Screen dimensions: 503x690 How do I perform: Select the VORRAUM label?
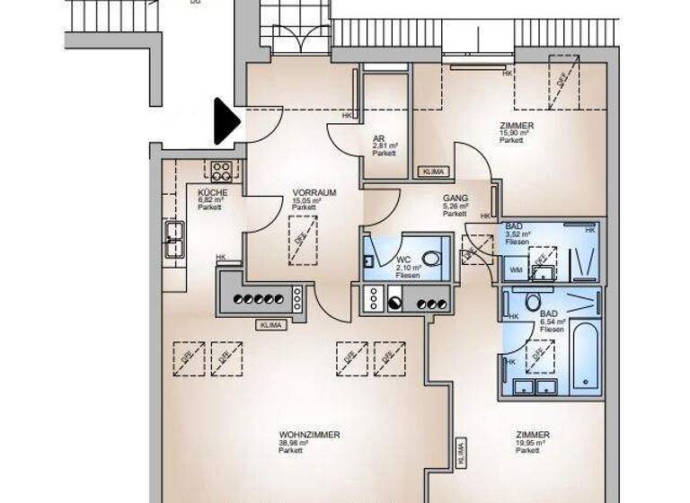[314, 192]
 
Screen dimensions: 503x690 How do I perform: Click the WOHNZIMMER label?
[309, 435]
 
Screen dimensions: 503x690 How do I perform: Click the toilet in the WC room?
[431, 259]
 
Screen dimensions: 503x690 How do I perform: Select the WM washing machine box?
[516, 269]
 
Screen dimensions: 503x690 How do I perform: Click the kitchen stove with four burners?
[221, 170]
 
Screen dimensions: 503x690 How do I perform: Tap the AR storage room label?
[379, 138]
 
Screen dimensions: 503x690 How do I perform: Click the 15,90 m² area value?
[512, 133]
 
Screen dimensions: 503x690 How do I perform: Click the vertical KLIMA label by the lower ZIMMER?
[462, 454]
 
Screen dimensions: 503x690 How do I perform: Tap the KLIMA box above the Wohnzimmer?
[269, 324]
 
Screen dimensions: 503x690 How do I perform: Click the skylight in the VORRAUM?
[303, 240]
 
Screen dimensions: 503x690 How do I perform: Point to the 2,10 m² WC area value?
[408, 268]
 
